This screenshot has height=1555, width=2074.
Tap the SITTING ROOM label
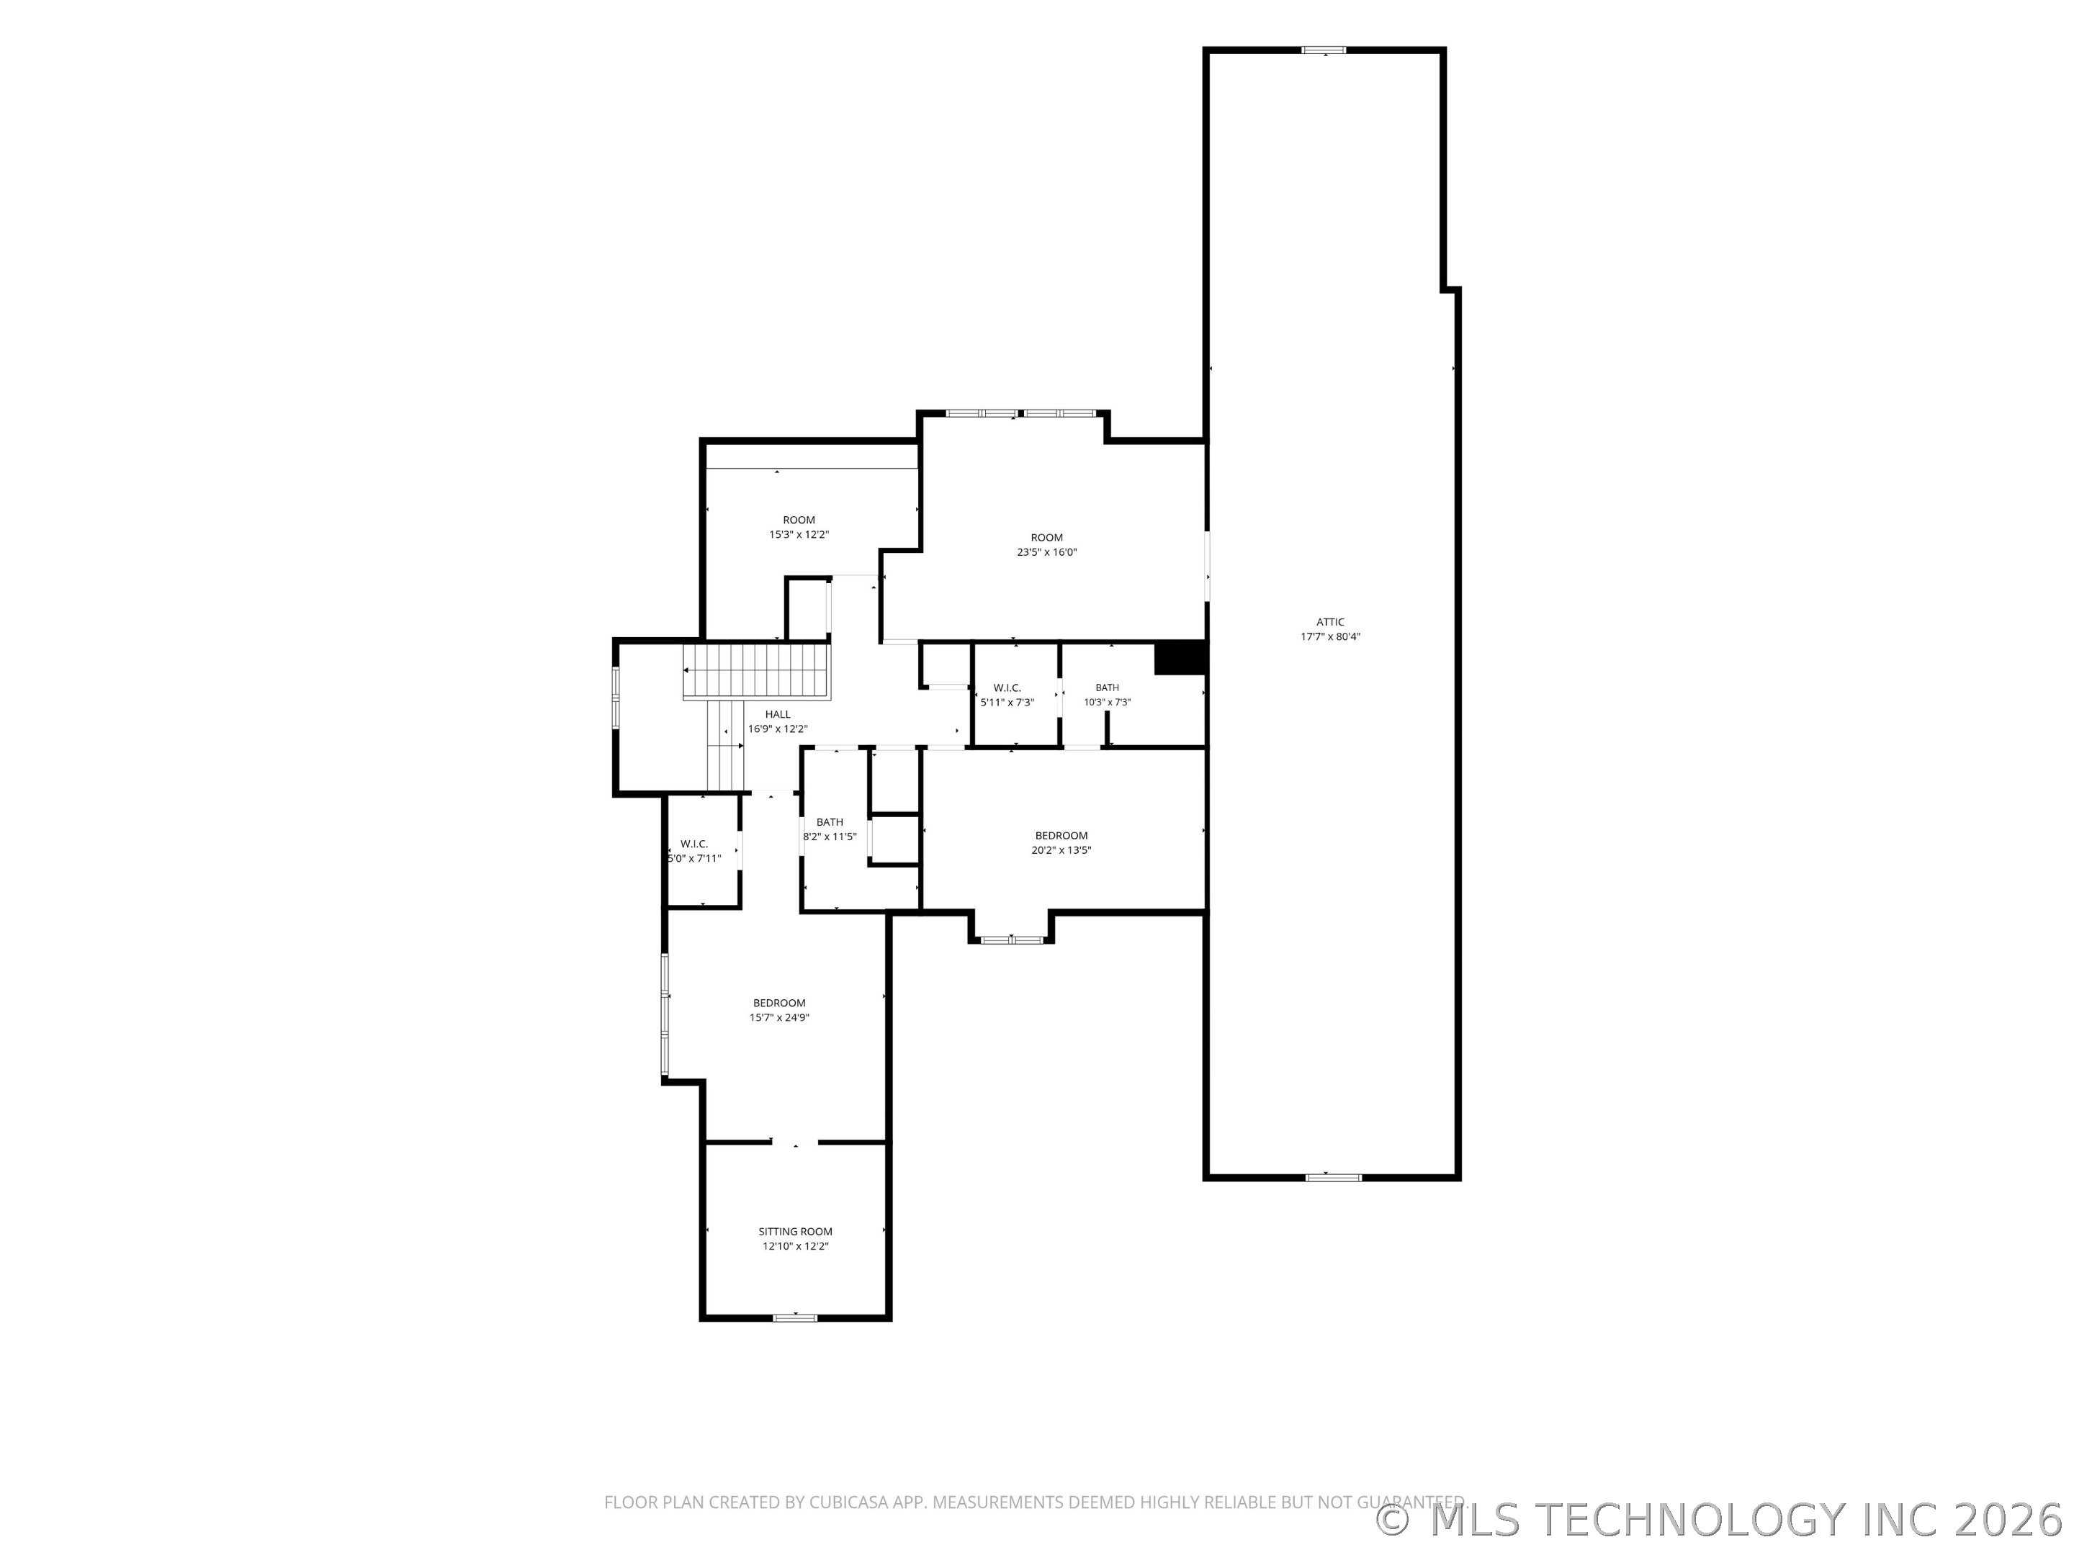(x=795, y=1232)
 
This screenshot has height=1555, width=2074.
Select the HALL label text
(x=777, y=714)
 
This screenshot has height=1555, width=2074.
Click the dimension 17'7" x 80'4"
(x=1329, y=636)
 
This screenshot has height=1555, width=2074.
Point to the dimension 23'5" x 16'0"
(x=1046, y=552)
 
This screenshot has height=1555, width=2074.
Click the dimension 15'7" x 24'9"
(x=778, y=1017)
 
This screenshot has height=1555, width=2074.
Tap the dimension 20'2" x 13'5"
(x=1061, y=850)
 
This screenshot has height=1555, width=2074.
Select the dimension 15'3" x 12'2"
(x=799, y=534)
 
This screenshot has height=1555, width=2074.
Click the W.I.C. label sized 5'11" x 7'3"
(x=1007, y=688)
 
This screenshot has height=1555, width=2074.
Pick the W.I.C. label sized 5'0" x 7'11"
(x=693, y=844)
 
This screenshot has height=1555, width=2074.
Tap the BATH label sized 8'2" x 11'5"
(x=829, y=822)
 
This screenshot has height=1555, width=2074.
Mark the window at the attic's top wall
(x=1324, y=50)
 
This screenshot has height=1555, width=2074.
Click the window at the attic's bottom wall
(x=1332, y=1177)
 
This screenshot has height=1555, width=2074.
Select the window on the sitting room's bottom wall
(x=795, y=1318)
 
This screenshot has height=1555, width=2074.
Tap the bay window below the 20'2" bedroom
(x=1012, y=939)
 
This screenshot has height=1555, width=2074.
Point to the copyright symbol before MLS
(x=1392, y=1520)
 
